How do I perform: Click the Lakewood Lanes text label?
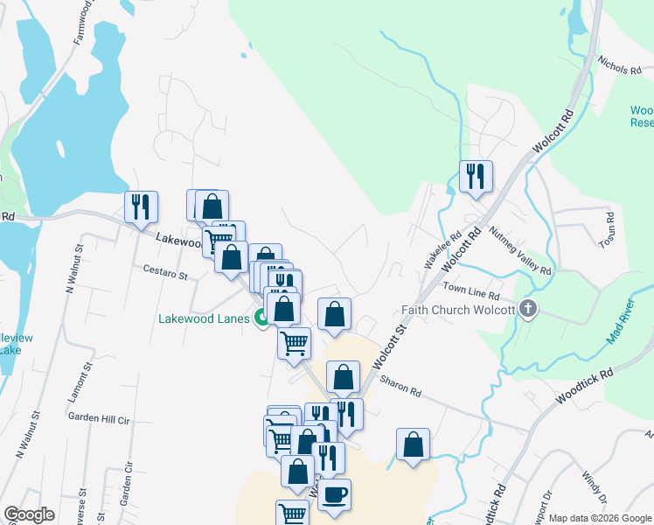click(205, 318)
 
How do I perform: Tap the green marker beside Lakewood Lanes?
click(261, 318)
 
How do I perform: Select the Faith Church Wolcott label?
click(457, 309)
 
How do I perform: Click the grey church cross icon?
click(526, 308)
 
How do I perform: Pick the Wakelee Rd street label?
click(442, 251)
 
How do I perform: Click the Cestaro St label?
click(166, 274)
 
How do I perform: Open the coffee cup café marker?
click(334, 495)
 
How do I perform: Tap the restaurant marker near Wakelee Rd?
click(476, 177)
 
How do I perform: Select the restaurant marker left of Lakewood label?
click(142, 207)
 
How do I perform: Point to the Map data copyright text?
click(600, 518)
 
